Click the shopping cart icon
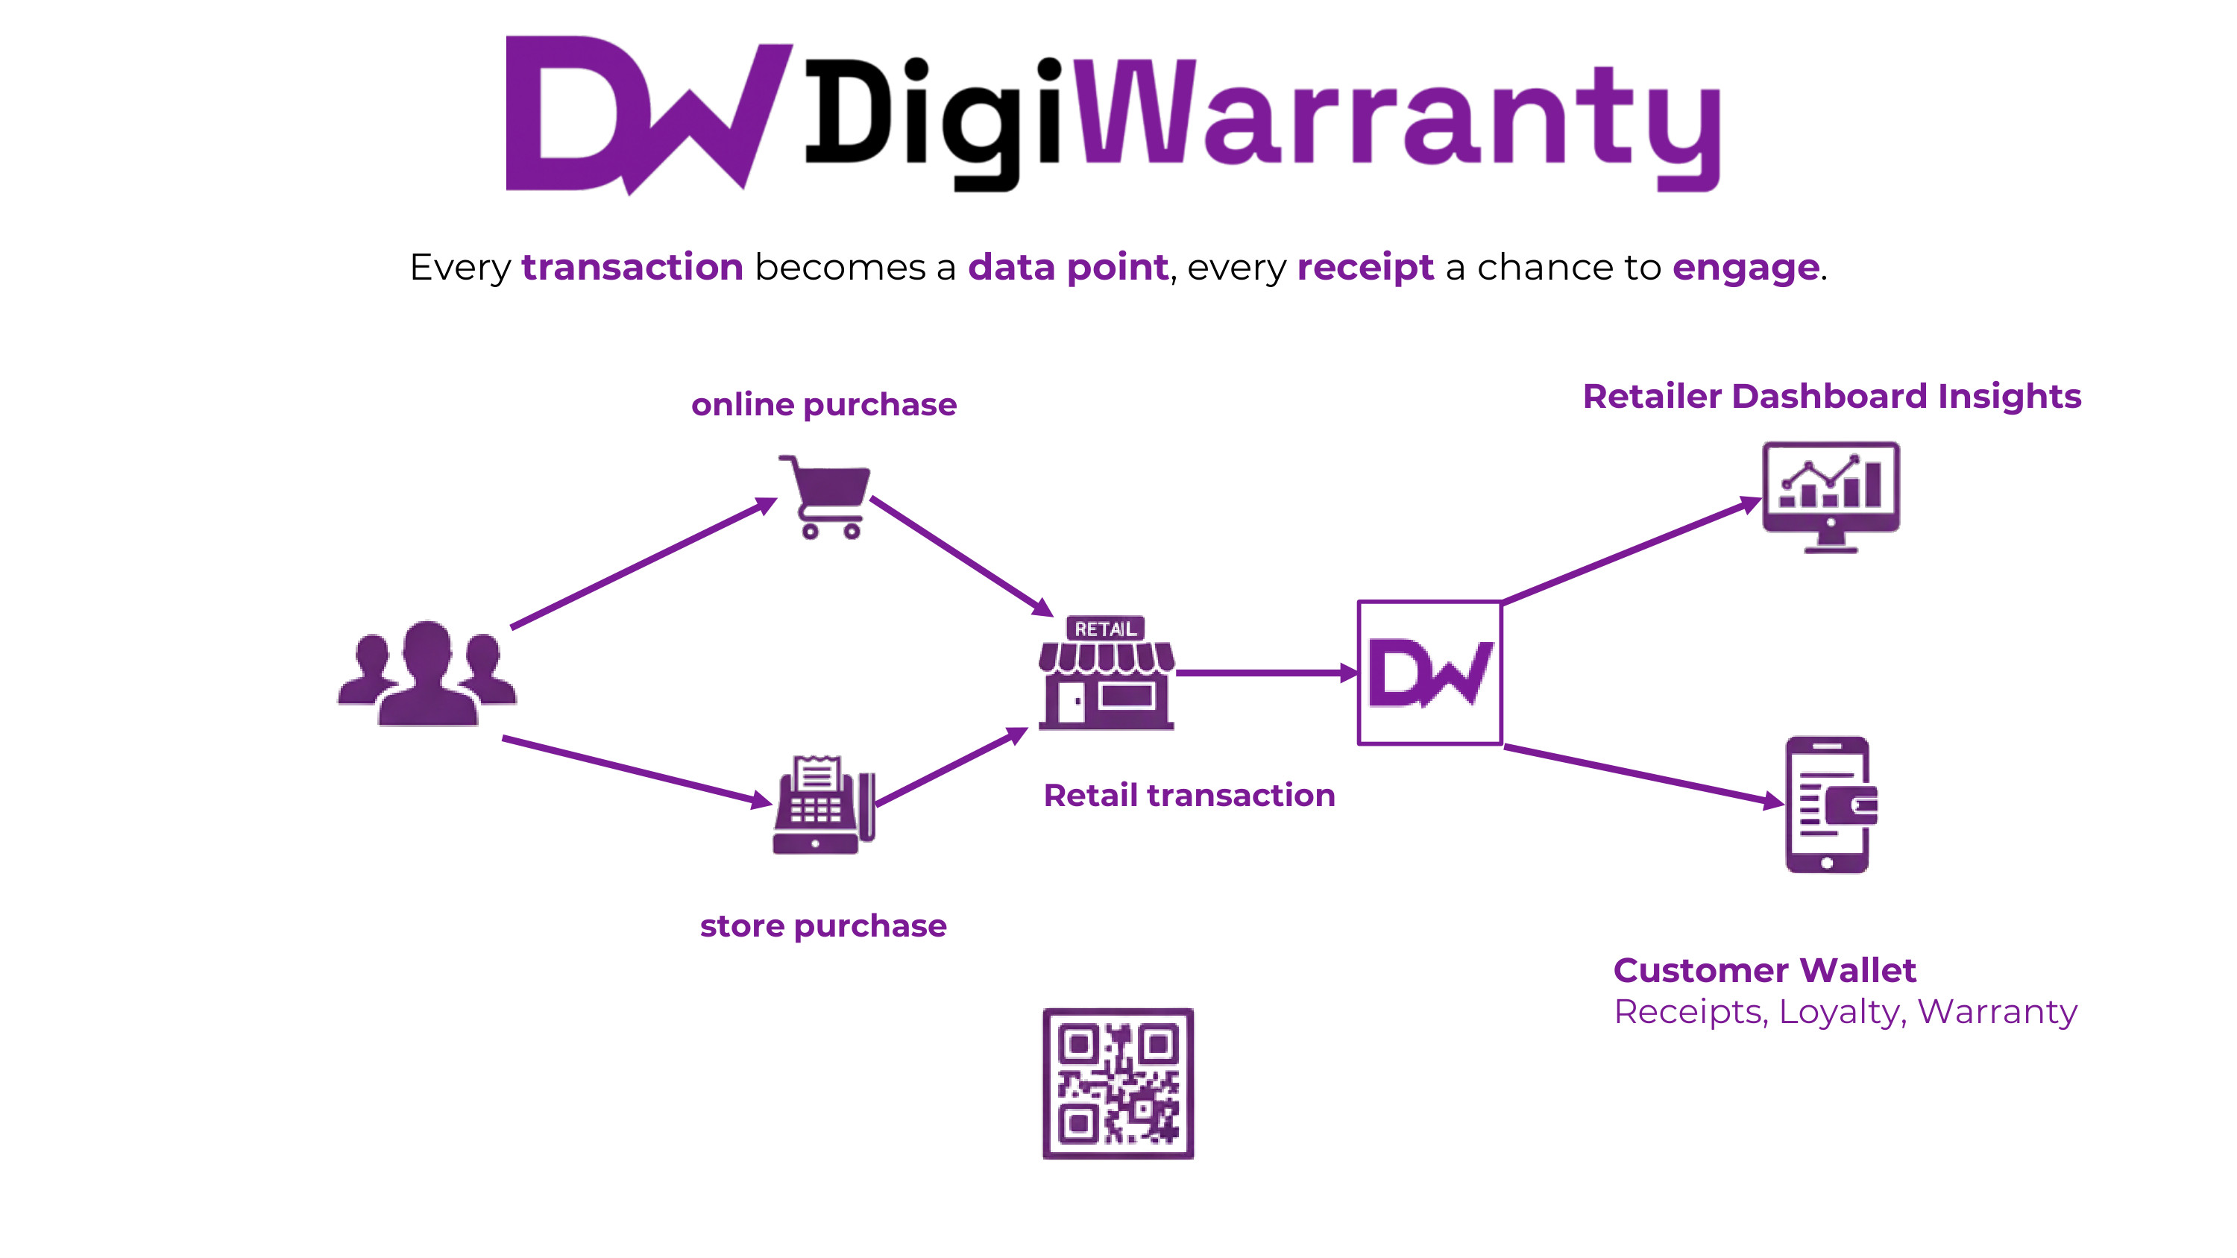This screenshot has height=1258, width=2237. (x=825, y=496)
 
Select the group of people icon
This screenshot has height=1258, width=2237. (x=427, y=673)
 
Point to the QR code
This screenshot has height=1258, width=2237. (x=1118, y=1083)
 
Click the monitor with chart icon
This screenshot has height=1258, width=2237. (x=1831, y=496)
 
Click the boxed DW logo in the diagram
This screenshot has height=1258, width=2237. (x=1429, y=673)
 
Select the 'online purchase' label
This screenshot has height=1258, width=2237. (x=823, y=405)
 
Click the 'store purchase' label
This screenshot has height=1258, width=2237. (x=822, y=925)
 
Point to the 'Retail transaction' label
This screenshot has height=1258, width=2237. (x=1189, y=795)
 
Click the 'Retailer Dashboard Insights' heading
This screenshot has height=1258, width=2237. (x=1831, y=396)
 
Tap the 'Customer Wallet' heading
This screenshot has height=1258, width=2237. (x=1764, y=969)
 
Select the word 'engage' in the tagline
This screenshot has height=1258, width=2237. (x=1745, y=268)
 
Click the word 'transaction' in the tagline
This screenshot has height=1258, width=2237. (x=632, y=268)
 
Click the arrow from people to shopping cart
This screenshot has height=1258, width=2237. (x=643, y=562)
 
